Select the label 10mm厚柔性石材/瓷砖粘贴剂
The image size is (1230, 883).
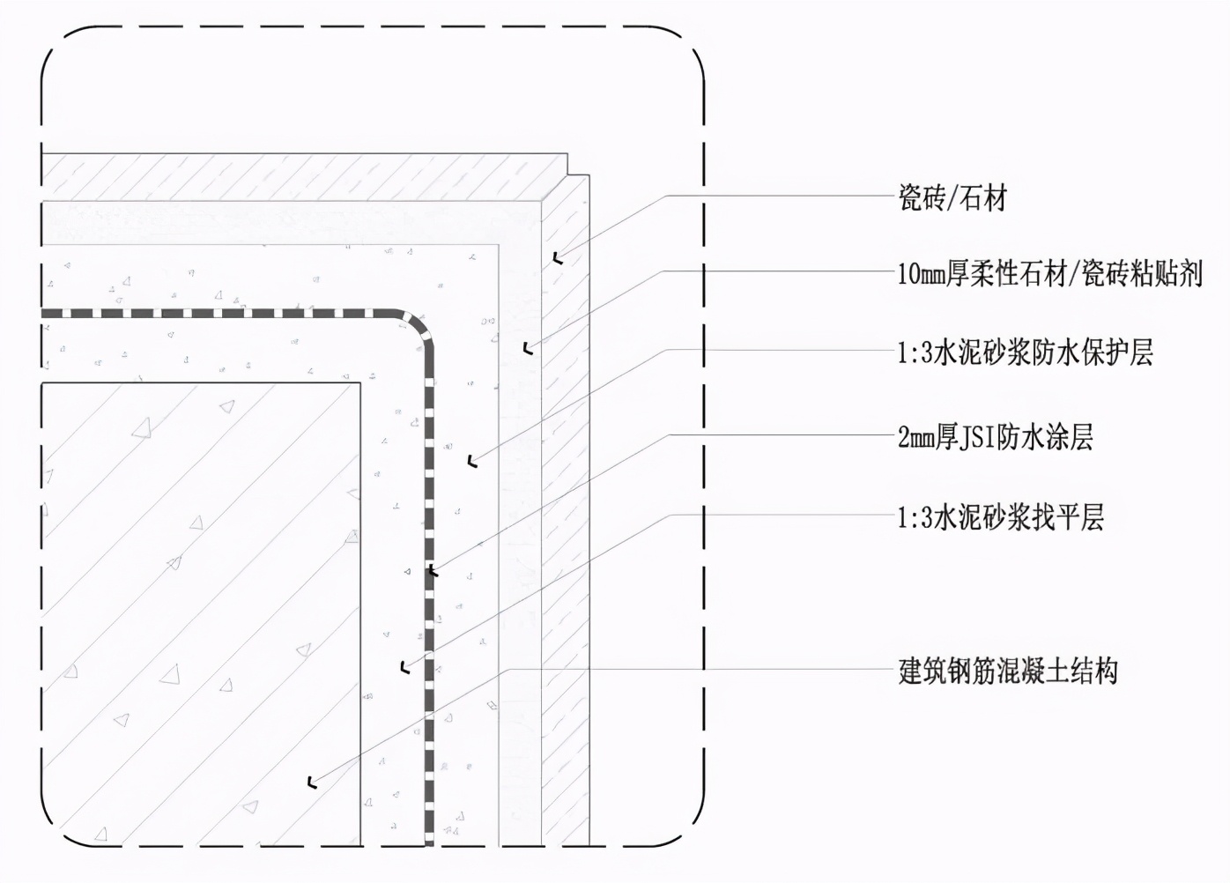tap(1049, 274)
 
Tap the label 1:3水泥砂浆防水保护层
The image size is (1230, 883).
tap(1025, 352)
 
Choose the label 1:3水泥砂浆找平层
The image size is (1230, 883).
tap(1000, 516)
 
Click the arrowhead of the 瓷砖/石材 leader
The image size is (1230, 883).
tap(557, 258)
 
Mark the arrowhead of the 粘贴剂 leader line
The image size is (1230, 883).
tap(527, 349)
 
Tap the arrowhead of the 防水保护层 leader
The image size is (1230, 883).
tap(473, 459)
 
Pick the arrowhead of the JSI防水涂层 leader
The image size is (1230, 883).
tap(432, 571)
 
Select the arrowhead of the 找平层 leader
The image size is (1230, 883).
tap(404, 667)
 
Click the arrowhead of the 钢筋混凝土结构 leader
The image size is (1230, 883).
tap(313, 781)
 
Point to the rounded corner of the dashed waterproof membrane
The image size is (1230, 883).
tap(419, 323)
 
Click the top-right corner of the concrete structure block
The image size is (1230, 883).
tap(360, 383)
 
